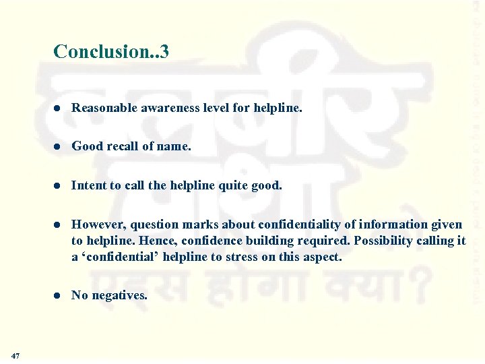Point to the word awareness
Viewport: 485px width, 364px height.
pyautogui.click(x=172, y=108)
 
